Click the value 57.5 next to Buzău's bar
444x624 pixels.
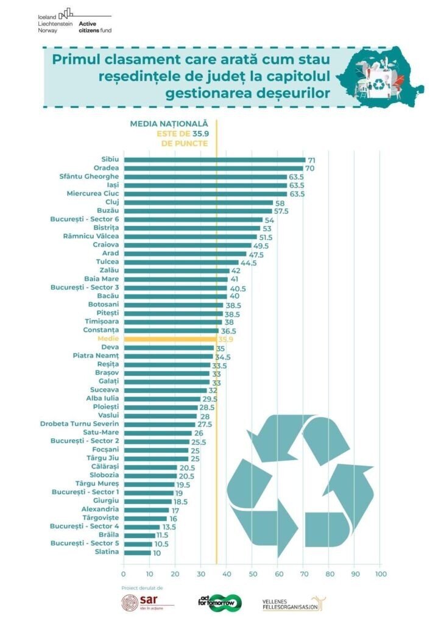click(x=281, y=211)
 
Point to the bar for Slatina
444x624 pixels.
click(x=136, y=553)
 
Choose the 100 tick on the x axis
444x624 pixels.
click(x=380, y=573)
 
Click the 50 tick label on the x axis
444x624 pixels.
click(x=252, y=573)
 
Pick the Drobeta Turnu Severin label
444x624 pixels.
click(x=80, y=424)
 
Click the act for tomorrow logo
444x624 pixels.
click(x=220, y=603)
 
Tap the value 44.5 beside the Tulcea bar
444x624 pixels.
click(x=248, y=263)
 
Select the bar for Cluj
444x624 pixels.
click(x=198, y=202)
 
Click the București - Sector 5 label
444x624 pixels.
click(x=85, y=544)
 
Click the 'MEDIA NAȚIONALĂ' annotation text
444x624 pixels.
click(x=169, y=124)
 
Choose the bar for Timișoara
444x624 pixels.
click(x=172, y=322)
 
